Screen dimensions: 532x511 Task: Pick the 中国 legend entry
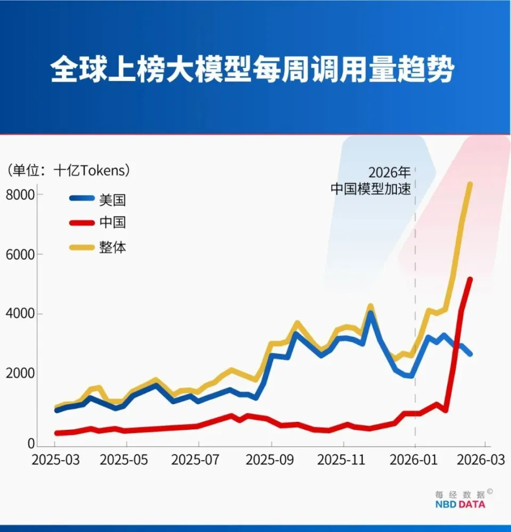coord(112,222)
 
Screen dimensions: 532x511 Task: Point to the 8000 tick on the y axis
coord(20,194)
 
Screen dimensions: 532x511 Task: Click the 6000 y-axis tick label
coord(20,254)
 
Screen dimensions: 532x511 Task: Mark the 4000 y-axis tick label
coord(20,314)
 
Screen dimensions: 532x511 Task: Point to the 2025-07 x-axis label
coord(199,460)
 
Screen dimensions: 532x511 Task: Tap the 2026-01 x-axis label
coord(416,460)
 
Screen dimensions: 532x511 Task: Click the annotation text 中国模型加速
coord(371,189)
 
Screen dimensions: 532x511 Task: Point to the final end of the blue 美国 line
coord(469,354)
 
